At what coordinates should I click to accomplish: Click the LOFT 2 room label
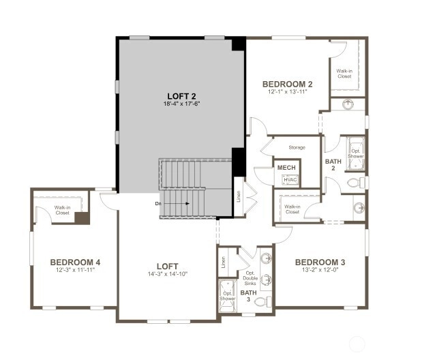[182, 96]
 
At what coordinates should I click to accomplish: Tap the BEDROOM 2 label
[288, 84]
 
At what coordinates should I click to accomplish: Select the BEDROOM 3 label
[320, 262]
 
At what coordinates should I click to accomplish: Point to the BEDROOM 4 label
[75, 262]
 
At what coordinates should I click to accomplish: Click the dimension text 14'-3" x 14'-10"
[168, 274]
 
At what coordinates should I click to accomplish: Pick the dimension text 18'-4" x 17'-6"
[182, 104]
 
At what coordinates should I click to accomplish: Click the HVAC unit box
[290, 180]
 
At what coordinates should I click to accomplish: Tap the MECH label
[286, 168]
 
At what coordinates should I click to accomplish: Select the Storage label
[297, 147]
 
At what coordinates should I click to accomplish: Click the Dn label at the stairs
[158, 204]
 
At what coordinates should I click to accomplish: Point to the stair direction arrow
[177, 204]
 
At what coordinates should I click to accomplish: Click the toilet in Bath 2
[356, 183]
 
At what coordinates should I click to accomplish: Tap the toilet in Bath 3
[262, 301]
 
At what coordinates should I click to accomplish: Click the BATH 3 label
[249, 296]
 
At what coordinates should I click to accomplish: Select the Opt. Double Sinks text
[250, 278]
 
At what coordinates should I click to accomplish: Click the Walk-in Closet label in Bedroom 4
[63, 210]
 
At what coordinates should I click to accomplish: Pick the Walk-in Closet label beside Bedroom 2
[344, 74]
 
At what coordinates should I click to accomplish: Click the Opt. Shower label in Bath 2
[356, 153]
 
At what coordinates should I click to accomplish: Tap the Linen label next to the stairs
[239, 196]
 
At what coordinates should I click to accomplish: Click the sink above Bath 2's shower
[348, 104]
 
